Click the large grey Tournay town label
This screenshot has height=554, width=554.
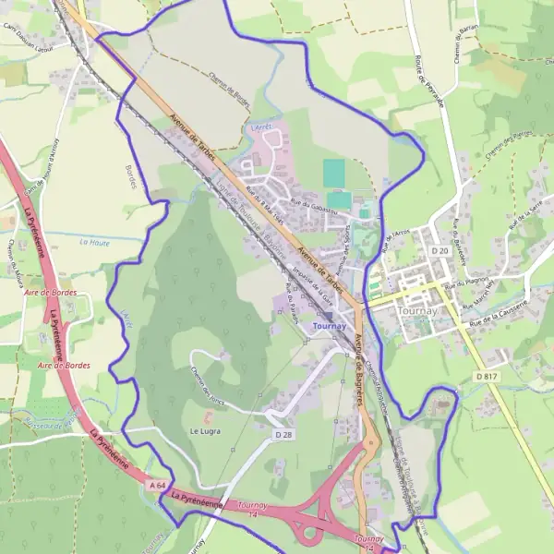[x=421, y=311]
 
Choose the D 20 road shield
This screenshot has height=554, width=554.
[x=439, y=250]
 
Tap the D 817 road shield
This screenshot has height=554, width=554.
[x=487, y=376]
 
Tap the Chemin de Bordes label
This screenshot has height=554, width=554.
[x=230, y=90]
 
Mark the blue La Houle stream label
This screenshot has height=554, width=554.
[x=94, y=242]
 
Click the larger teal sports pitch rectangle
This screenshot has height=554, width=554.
[x=333, y=173]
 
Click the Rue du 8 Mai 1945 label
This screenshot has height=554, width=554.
[x=255, y=195]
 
